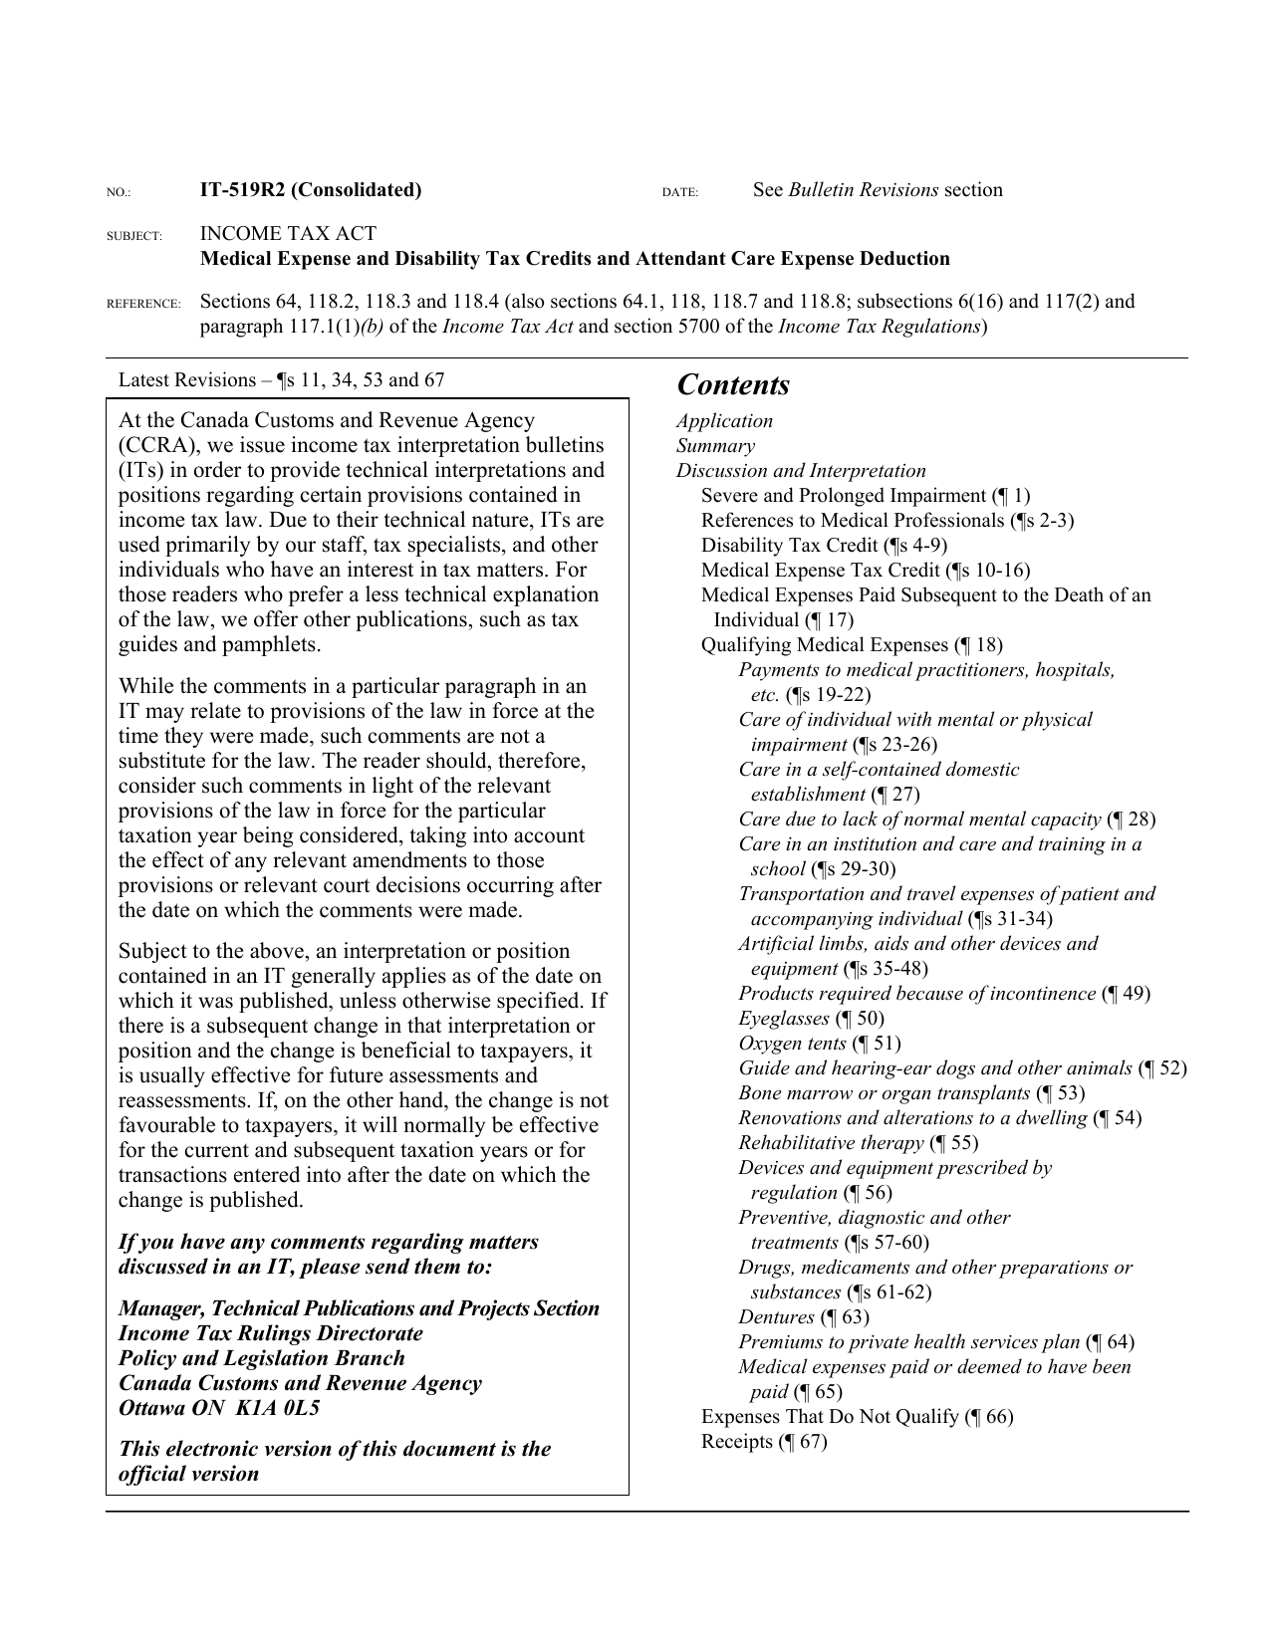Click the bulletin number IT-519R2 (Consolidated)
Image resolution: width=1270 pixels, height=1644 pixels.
pos(311,190)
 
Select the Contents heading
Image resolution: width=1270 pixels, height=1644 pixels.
pos(733,385)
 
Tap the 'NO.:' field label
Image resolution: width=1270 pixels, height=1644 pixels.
pos(119,192)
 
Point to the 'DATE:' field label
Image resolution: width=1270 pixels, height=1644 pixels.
pos(679,192)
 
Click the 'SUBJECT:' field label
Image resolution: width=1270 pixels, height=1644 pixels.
pos(134,236)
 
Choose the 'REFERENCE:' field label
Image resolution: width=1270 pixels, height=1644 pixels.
pos(143,304)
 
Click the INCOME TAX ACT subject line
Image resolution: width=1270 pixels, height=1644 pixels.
pos(288,234)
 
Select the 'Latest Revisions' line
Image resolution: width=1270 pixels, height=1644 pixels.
pos(281,380)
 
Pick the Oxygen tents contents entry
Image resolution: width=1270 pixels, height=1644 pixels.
pos(819,1044)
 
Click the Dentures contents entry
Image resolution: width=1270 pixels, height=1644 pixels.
pos(803,1317)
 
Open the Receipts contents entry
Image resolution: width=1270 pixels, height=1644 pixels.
pos(764,1442)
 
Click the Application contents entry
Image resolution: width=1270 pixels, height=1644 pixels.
pos(724,421)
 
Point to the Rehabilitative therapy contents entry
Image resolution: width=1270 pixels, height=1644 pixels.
pos(858,1143)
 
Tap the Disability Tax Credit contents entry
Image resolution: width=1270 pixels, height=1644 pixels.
pos(824,546)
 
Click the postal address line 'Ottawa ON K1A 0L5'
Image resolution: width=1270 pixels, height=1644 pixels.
pos(218,1408)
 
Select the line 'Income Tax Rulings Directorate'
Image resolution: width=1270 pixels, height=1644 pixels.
pos(270,1333)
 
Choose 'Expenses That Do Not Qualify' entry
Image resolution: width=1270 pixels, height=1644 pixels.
pos(857,1417)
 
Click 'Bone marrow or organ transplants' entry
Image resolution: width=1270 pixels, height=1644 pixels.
pos(910,1093)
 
